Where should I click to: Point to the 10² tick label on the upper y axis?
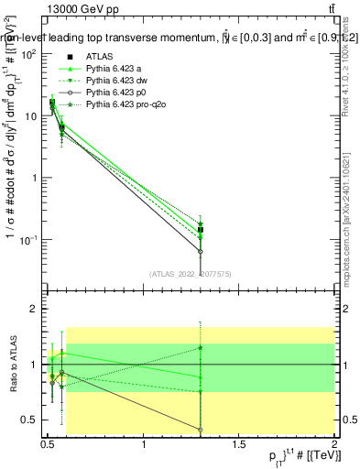(x=29, y=54)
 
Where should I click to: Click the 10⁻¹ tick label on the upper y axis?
(x=28, y=240)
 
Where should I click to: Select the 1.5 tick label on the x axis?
(x=240, y=444)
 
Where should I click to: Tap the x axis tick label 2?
(x=335, y=444)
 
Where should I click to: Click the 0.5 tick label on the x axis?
(x=49, y=444)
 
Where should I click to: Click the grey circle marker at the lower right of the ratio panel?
(x=201, y=430)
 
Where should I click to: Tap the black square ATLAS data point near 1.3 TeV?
(x=201, y=230)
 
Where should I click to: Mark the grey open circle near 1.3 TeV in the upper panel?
(x=201, y=251)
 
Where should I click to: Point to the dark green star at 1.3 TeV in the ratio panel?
(x=201, y=347)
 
